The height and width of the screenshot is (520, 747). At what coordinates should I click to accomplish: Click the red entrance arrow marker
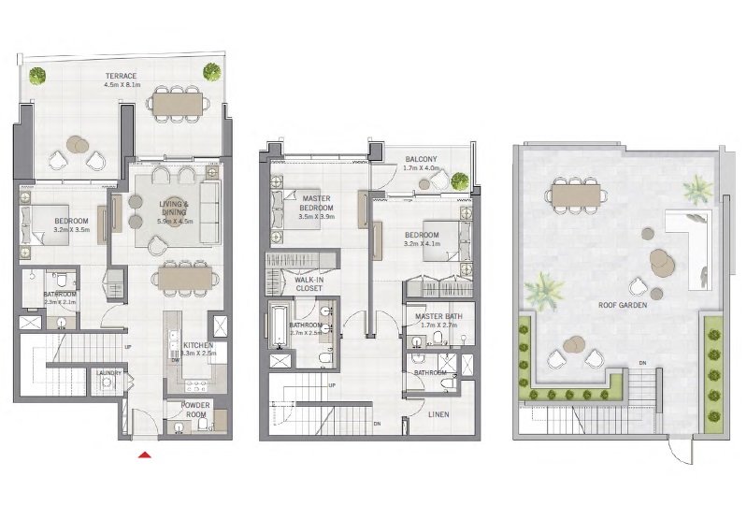click(144, 455)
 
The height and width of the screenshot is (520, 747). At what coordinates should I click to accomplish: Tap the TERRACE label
click(122, 76)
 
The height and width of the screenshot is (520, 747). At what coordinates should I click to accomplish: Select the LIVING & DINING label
click(173, 208)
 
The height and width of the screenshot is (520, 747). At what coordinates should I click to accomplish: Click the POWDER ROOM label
click(195, 410)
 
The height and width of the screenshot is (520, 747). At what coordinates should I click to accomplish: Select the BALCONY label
click(421, 160)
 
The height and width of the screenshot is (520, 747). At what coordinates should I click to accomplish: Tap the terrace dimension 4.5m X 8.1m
click(122, 85)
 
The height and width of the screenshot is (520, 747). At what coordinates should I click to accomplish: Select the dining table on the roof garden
click(575, 195)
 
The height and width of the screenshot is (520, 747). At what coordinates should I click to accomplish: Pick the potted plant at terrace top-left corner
click(37, 76)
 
